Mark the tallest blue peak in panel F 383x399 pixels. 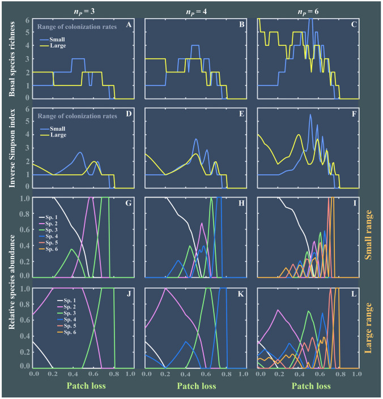(310, 115)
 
